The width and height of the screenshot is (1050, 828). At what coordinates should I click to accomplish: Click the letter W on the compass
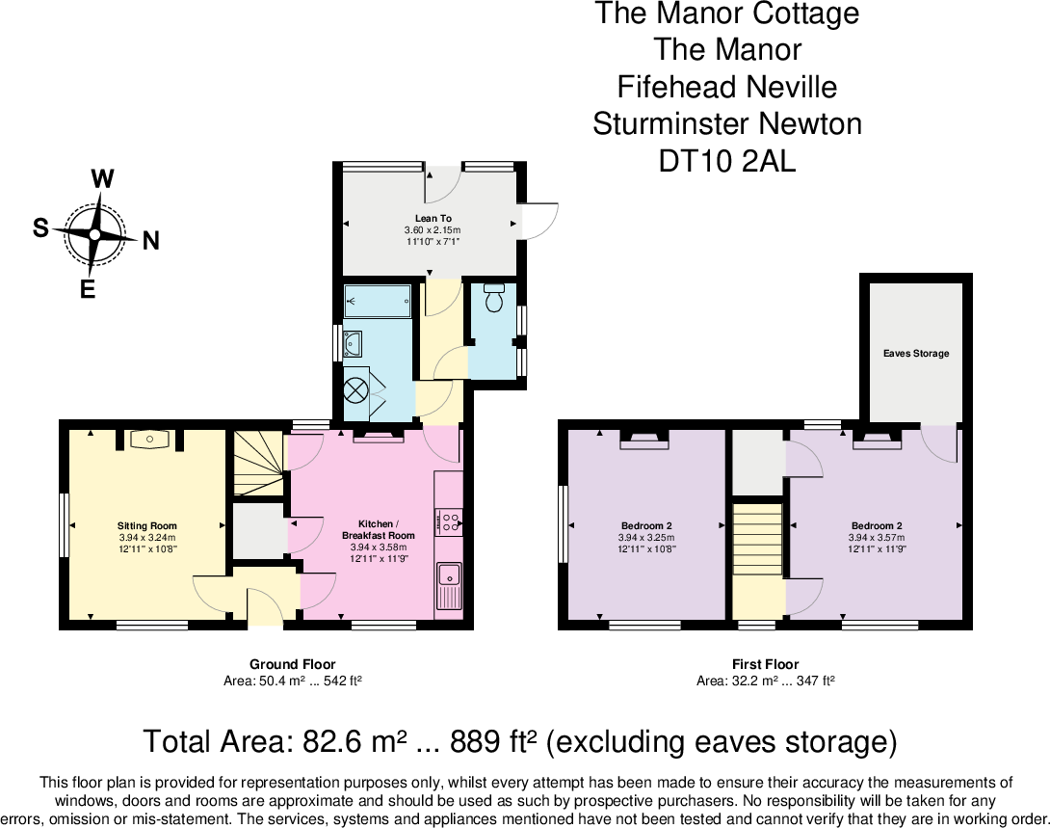tap(103, 178)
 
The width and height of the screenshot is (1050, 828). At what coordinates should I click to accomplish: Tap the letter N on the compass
tap(150, 242)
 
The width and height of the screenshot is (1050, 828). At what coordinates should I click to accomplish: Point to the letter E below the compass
tap(88, 288)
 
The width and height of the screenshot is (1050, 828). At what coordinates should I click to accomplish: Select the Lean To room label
tap(433, 219)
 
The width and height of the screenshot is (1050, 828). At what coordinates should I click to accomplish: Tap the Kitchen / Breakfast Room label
tap(378, 530)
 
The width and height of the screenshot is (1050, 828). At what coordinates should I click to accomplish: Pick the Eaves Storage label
tap(915, 354)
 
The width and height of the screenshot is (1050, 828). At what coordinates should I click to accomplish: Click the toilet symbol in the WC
tap(495, 298)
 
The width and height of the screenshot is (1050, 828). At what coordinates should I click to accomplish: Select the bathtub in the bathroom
tap(378, 301)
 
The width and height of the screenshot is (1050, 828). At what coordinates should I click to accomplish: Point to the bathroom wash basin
tap(353, 342)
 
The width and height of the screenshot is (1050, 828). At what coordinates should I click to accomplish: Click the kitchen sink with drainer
tap(448, 585)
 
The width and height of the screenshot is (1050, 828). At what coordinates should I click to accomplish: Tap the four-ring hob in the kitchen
tap(449, 522)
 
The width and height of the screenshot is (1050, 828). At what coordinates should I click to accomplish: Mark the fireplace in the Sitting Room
tap(148, 440)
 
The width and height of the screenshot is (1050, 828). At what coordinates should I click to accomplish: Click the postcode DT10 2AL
tap(727, 161)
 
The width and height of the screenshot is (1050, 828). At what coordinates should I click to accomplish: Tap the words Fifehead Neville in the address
tap(727, 87)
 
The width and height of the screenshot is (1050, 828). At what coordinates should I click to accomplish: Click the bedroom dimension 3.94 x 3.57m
tap(876, 538)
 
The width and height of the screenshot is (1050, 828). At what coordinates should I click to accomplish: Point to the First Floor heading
tap(765, 664)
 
